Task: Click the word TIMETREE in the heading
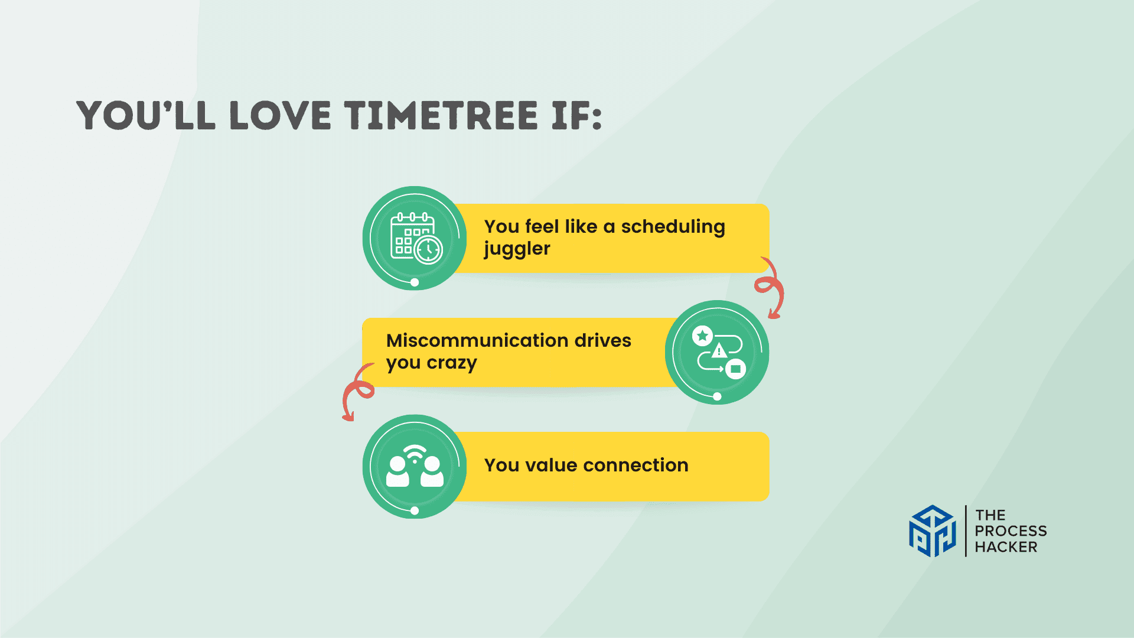coord(441,115)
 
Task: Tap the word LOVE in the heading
coord(280,115)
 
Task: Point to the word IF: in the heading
coord(577,115)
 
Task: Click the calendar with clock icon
coord(416,238)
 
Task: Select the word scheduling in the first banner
coord(673,227)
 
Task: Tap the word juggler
coord(517,249)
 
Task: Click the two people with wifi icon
coord(415,466)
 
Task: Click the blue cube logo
coord(933,530)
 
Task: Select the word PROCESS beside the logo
coord(1011,531)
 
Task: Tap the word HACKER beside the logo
coord(1006,547)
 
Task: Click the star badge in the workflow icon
coord(702,336)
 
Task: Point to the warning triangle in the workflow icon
coord(719,351)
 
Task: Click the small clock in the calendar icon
coord(428,250)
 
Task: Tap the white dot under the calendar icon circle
coord(415,282)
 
